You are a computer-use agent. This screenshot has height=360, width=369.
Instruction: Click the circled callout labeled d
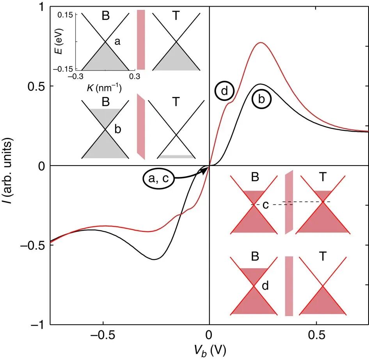pyautogui.click(x=225, y=91)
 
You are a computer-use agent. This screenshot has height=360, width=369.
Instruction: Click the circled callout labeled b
pyautogui.click(x=261, y=99)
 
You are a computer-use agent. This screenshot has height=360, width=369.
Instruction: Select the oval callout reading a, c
pyautogui.click(x=159, y=178)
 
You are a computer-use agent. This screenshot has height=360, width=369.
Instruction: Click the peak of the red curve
pyautogui.click(x=261, y=42)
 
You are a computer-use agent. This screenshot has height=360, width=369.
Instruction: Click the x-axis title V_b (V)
pyautogui.click(x=210, y=351)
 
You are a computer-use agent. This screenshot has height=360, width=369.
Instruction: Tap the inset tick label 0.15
pyautogui.click(x=65, y=15)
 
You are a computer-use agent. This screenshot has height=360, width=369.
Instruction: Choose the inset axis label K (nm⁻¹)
pyautogui.click(x=104, y=88)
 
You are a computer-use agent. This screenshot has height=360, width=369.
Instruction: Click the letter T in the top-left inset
pyautogui.click(x=176, y=16)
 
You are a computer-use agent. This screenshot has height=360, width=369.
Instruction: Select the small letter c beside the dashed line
pyautogui.click(x=266, y=205)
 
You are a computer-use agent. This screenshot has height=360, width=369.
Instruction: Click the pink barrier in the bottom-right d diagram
pyautogui.click(x=289, y=286)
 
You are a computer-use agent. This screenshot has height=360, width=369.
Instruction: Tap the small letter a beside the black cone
pyautogui.click(x=117, y=41)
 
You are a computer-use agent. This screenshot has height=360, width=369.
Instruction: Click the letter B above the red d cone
pyautogui.click(x=255, y=256)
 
